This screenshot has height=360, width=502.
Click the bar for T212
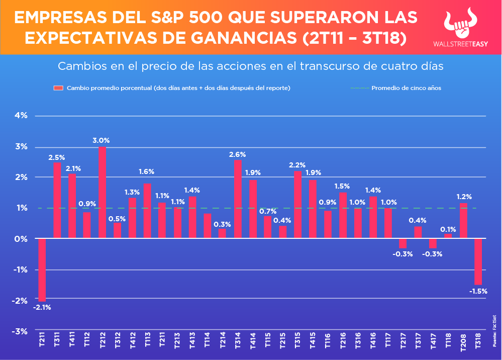(x=102, y=192)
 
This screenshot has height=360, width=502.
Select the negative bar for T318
(x=478, y=261)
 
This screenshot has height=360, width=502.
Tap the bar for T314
(x=238, y=199)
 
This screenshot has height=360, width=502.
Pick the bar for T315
(x=297, y=205)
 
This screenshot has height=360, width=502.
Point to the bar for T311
(x=57, y=200)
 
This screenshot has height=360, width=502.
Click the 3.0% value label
(x=101, y=140)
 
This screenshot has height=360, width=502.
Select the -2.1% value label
(x=42, y=307)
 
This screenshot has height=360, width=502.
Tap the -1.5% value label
(x=477, y=291)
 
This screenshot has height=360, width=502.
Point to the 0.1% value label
(x=448, y=229)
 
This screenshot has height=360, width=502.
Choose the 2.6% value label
(x=237, y=154)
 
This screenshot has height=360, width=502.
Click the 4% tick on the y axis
(x=21, y=116)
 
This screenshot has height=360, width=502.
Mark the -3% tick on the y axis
(x=20, y=331)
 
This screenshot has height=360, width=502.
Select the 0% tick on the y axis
(x=21, y=239)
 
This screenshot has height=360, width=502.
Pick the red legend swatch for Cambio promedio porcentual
(x=58, y=88)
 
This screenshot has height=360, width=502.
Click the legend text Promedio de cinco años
(x=406, y=88)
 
